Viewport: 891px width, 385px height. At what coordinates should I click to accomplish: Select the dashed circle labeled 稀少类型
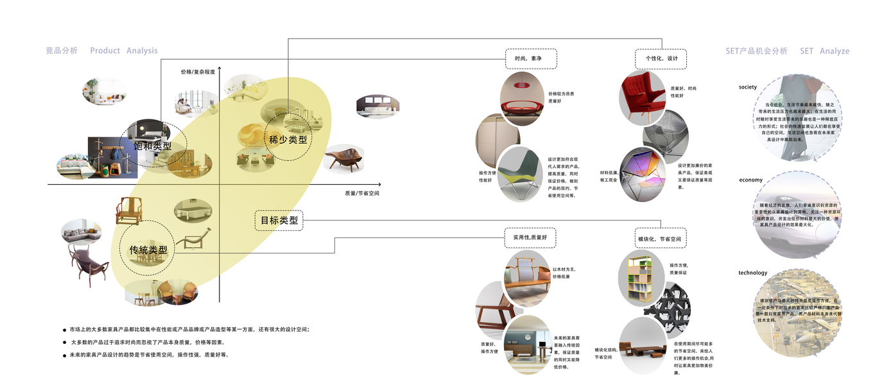tap(288, 138)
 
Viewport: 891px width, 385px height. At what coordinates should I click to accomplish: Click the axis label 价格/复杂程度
tap(198, 72)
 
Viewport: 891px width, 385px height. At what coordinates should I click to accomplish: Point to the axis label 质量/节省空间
tap(361, 193)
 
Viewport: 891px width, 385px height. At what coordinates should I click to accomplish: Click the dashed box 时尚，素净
tap(530, 58)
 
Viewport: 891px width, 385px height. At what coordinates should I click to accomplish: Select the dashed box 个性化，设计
tap(661, 58)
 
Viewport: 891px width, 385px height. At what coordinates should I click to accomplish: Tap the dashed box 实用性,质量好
tap(530, 237)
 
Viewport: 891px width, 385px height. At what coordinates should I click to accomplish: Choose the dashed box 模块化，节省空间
tap(660, 239)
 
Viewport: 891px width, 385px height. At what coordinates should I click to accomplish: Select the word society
tap(748, 87)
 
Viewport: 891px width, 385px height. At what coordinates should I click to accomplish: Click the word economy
tap(752, 180)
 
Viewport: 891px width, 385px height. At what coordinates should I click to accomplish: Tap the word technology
tap(752, 273)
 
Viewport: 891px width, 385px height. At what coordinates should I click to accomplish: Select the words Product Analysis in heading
tap(123, 51)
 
